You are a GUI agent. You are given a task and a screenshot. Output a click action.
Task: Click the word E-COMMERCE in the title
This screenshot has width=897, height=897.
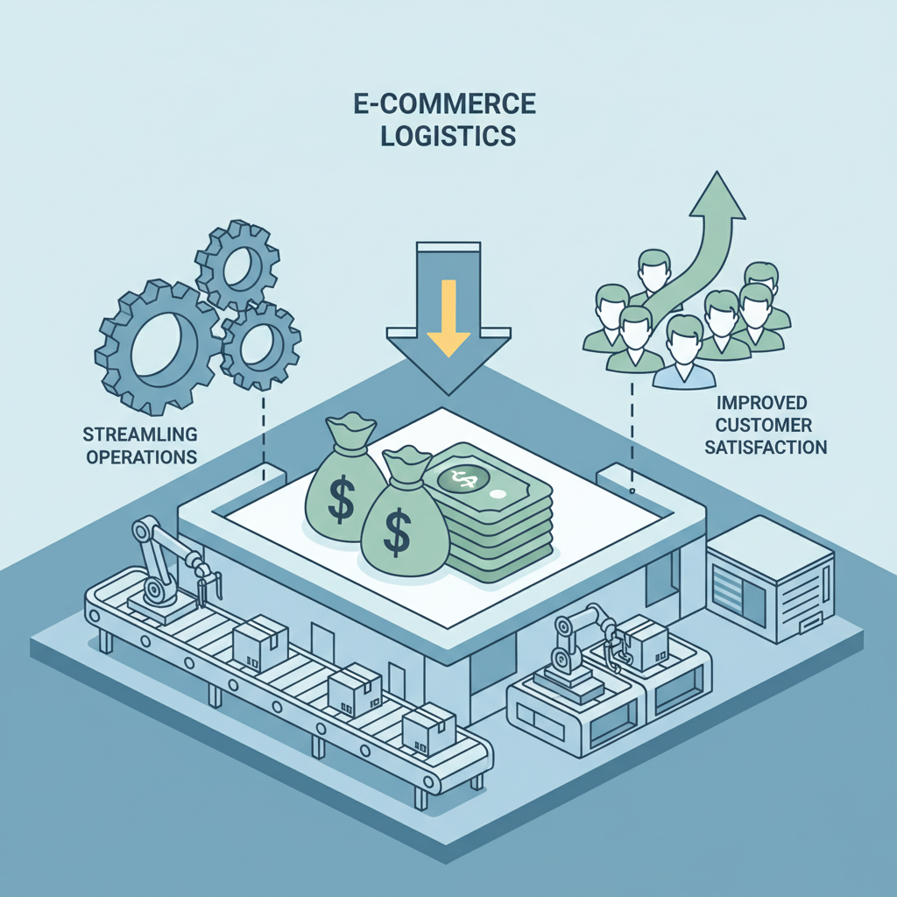pyautogui.click(x=444, y=104)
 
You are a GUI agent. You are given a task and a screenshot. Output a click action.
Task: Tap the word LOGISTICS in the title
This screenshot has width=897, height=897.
pyautogui.click(x=448, y=136)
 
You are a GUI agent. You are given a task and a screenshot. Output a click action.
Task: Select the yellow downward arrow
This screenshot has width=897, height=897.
pyautogui.click(x=448, y=317)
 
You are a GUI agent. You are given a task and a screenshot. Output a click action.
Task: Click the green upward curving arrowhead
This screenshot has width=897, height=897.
pyautogui.click(x=717, y=195)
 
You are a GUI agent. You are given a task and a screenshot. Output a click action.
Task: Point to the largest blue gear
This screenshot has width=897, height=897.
pyautogui.click(x=157, y=347)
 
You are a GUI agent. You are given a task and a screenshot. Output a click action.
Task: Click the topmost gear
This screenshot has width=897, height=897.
pyautogui.click(x=237, y=265)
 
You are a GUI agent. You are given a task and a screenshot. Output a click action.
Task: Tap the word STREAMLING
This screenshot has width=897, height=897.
pyautogui.click(x=140, y=434)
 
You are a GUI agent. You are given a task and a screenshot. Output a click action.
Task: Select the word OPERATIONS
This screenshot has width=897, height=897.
pyautogui.click(x=141, y=457)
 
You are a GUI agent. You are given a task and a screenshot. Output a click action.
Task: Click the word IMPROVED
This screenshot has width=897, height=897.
pyautogui.click(x=761, y=403)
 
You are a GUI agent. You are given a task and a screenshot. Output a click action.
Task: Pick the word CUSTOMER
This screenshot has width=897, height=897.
pyautogui.click(x=763, y=425)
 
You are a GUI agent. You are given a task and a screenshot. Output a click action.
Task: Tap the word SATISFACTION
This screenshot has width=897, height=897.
pyautogui.click(x=766, y=447)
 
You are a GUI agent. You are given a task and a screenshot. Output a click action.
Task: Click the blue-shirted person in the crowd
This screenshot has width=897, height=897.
pyautogui.click(x=684, y=352)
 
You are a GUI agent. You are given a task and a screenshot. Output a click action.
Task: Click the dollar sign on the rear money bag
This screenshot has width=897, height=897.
pyautogui.click(x=341, y=500)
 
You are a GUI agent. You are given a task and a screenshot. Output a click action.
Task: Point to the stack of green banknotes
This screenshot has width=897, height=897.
pyautogui.click(x=491, y=511)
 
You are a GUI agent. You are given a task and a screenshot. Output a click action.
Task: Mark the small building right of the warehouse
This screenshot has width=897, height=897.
pyautogui.click(x=771, y=578)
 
